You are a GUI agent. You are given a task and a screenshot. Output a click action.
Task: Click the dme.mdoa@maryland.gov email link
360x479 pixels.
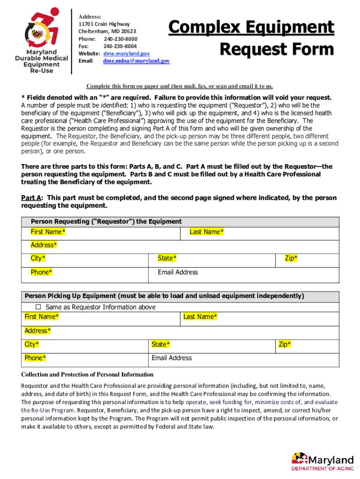[136, 61]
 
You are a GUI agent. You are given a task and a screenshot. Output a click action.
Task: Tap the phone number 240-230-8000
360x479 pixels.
[120, 39]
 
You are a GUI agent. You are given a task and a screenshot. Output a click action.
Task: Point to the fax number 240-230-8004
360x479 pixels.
[120, 46]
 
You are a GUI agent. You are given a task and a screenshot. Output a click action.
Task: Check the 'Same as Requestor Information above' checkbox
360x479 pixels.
[39, 307]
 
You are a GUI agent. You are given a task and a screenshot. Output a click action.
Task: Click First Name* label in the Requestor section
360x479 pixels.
[48, 232]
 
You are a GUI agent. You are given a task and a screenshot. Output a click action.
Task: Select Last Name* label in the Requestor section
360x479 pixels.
[206, 232]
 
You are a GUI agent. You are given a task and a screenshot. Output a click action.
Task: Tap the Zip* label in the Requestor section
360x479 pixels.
[291, 258]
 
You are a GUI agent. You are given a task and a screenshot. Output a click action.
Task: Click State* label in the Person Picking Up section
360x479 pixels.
[161, 345]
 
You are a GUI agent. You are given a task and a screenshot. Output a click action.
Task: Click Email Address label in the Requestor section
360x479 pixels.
[178, 272]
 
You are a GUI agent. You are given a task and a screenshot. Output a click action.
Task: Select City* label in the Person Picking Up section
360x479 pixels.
[32, 345]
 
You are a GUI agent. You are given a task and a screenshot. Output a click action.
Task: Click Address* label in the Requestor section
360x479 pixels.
[44, 245]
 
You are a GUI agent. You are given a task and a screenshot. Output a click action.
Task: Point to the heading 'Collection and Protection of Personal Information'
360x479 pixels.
[87, 375]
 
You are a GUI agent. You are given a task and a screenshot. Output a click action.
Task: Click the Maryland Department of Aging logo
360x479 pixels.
[322, 460]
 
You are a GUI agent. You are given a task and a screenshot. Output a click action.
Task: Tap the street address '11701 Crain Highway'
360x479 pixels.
[104, 24]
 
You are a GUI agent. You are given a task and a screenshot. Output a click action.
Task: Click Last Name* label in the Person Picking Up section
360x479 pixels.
[200, 317]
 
